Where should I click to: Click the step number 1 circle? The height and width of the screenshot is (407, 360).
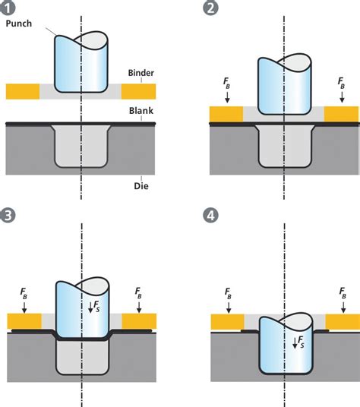pos(10,10)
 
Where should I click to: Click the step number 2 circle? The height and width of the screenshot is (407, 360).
pos(212,10)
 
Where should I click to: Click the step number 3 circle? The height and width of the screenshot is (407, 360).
pos(10,216)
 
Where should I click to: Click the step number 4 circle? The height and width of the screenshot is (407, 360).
pos(212,216)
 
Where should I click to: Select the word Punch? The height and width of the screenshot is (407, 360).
pos(19,24)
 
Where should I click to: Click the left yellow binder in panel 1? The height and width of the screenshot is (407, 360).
pos(23,91)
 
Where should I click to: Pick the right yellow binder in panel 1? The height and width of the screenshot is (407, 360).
pos(138,91)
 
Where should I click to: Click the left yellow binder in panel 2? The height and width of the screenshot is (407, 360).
pos(226,114)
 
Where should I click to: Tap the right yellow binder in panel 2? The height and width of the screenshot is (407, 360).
pos(341,114)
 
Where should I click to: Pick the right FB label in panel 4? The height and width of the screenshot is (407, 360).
pos(343,293)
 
